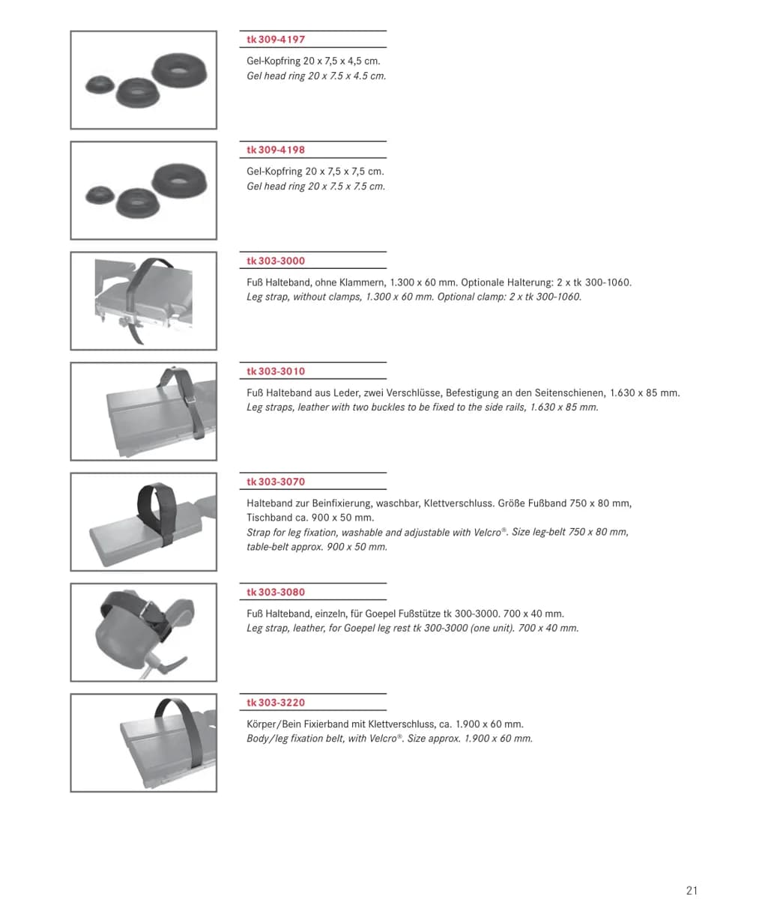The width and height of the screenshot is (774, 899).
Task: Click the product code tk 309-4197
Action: (276, 40)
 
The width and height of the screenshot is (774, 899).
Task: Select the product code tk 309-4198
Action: (276, 150)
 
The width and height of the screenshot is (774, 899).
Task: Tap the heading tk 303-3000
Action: (276, 261)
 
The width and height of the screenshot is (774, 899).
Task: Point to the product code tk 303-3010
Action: (276, 372)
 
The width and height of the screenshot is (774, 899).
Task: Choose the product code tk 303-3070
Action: (276, 482)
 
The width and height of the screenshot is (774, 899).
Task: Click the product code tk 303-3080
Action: (276, 593)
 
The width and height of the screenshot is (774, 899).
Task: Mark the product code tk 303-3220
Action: (276, 703)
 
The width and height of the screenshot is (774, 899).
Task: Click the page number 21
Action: (692, 891)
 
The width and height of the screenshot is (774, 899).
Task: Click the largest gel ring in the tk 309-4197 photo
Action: (179, 70)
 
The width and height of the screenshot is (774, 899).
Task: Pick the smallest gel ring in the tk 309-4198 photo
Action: (100, 195)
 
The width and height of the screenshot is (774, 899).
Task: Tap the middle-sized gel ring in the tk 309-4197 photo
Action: (137, 92)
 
